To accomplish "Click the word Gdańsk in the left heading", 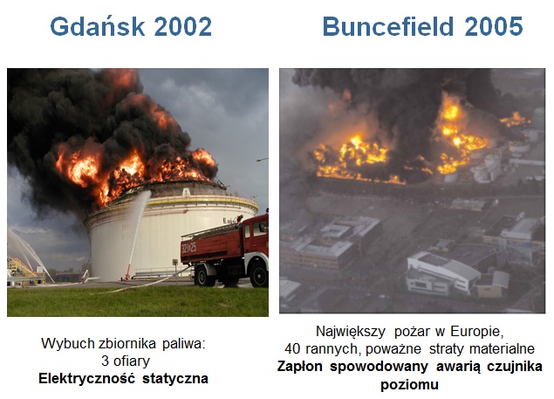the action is click(x=98, y=26).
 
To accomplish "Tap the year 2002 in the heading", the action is click(x=183, y=26).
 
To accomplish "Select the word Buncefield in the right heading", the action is click(x=388, y=26).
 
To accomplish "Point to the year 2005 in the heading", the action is click(x=494, y=26).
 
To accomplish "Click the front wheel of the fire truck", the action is click(x=258, y=274).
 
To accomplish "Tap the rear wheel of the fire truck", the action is click(x=205, y=275).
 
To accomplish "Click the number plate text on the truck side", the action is click(x=189, y=247).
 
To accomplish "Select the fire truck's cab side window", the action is click(x=260, y=228).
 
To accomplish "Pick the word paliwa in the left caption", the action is click(x=184, y=343).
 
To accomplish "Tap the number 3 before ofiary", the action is click(x=105, y=361).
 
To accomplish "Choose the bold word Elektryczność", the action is click(x=86, y=379).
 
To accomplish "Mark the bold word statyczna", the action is click(x=175, y=379).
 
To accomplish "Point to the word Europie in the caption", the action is click(x=476, y=332).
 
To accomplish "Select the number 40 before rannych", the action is click(x=292, y=349).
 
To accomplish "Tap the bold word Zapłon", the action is click(x=299, y=367).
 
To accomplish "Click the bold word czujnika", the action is click(x=515, y=367).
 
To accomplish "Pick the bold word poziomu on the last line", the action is click(x=409, y=385).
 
